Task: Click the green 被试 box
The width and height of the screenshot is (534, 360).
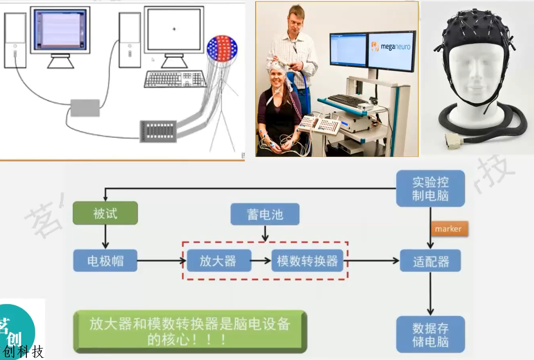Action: [x=105, y=213]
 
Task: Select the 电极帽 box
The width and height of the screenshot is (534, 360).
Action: [x=105, y=261]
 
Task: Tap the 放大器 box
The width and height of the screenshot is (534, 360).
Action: [x=218, y=261]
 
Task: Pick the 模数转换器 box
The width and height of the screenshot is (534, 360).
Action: [x=307, y=261]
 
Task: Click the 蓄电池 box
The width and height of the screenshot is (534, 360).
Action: [x=265, y=214]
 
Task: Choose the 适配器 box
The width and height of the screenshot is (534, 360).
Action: [x=430, y=261]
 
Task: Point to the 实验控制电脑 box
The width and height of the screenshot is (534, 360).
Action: [x=430, y=189]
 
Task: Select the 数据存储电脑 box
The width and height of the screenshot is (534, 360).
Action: [x=430, y=335]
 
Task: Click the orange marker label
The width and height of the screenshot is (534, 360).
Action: [x=448, y=229]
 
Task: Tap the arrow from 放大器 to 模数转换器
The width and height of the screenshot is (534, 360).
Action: [x=261, y=261]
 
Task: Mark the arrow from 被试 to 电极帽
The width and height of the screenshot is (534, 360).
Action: [x=105, y=237]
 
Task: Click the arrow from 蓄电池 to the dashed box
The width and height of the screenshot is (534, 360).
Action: [x=265, y=233]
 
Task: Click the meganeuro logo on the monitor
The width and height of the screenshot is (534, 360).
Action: [x=390, y=47]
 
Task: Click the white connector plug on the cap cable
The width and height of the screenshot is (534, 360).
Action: [x=453, y=140]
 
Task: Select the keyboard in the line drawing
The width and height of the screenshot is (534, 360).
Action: [x=175, y=79]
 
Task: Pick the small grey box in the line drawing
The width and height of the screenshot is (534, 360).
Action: [x=85, y=108]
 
